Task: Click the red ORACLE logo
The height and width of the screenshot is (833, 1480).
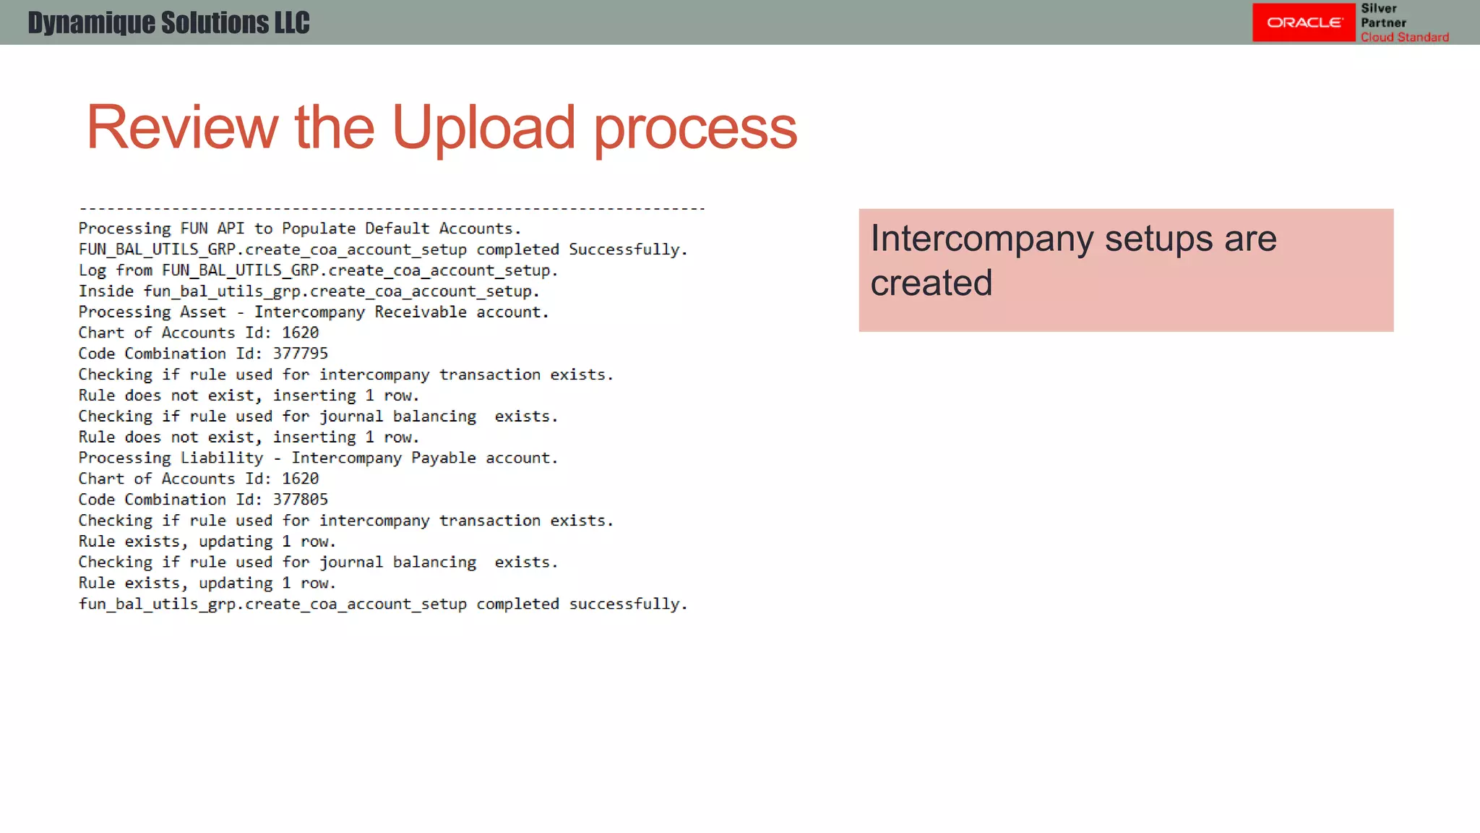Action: click(x=1304, y=22)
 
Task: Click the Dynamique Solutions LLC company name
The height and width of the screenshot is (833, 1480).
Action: click(x=168, y=23)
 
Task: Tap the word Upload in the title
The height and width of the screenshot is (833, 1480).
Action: click(x=483, y=128)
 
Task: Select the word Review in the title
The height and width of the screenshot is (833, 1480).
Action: click(x=181, y=128)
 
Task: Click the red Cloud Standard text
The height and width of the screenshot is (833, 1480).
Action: click(x=1404, y=38)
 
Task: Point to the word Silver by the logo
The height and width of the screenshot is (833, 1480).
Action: click(x=1378, y=9)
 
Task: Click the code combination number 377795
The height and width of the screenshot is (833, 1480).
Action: click(x=300, y=354)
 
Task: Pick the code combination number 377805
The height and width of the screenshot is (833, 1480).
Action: click(x=300, y=500)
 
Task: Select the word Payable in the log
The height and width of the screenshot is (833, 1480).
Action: click(x=443, y=458)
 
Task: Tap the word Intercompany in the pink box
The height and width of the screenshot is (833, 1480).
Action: click(x=981, y=239)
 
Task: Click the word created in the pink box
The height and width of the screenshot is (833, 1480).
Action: click(x=931, y=283)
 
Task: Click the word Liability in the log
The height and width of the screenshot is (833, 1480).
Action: click(x=221, y=458)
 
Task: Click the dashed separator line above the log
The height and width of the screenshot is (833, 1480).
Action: click(x=391, y=209)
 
